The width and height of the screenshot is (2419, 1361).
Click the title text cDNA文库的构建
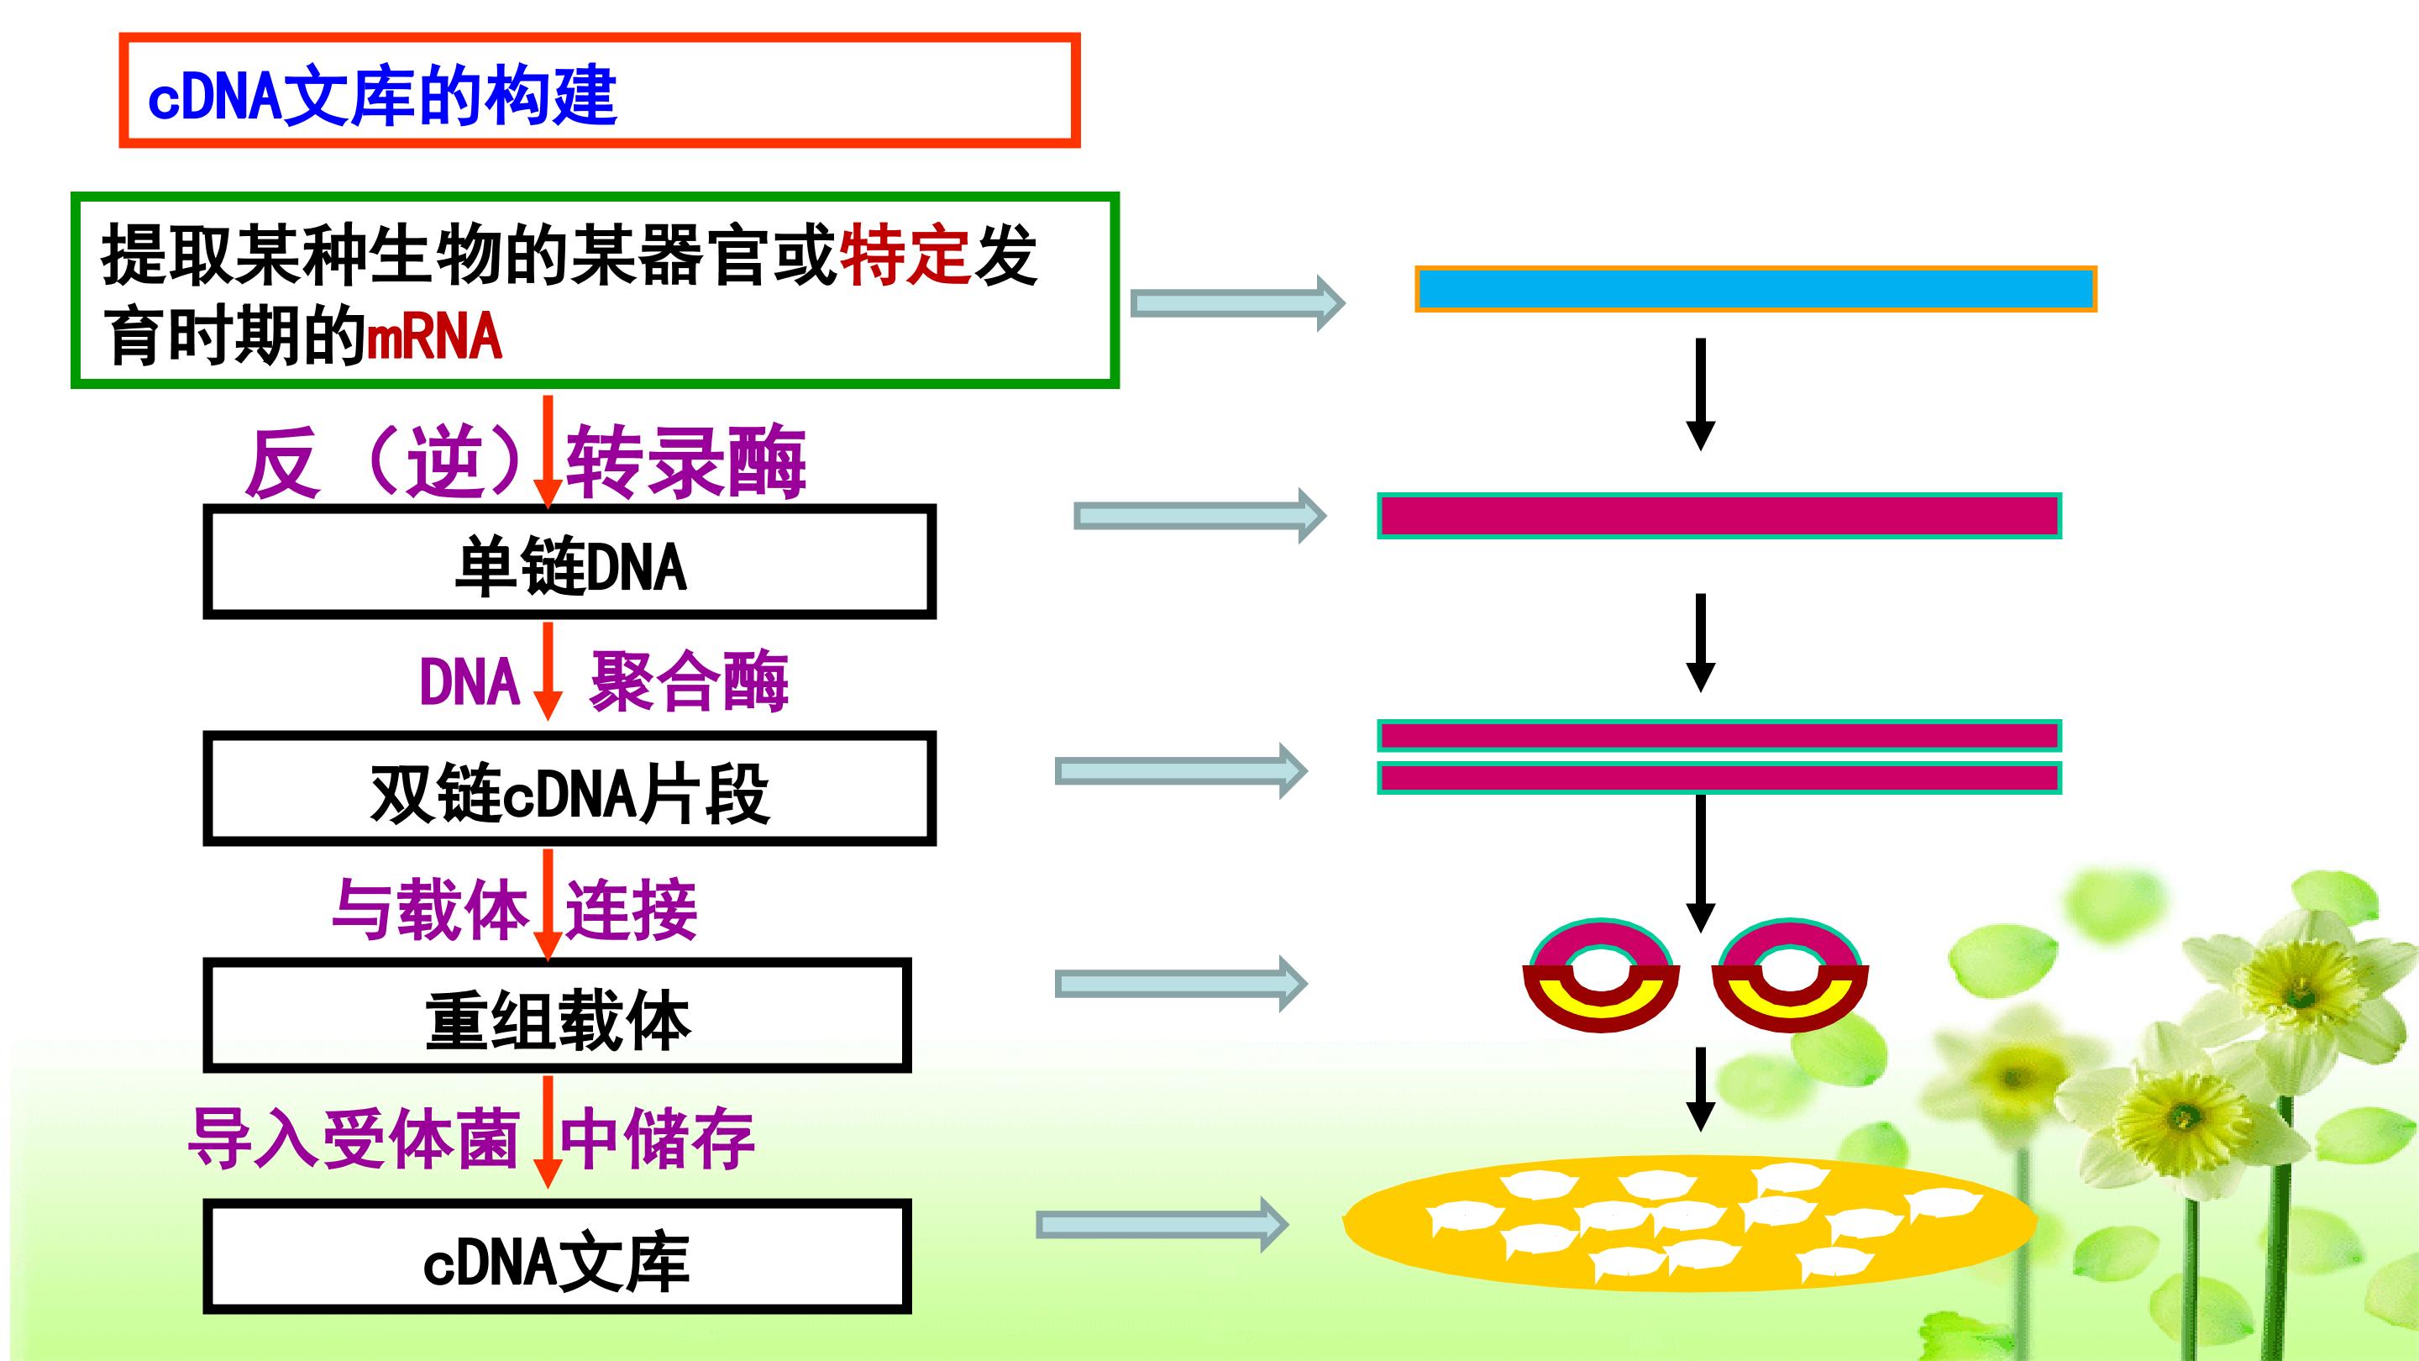click(382, 95)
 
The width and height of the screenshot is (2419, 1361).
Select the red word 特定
click(904, 255)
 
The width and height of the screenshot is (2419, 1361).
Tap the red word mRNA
click(434, 337)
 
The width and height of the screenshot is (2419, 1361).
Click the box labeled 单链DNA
click(569, 562)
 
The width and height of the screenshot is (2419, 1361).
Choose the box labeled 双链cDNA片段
click(569, 788)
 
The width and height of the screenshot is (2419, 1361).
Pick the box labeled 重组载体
click(557, 1016)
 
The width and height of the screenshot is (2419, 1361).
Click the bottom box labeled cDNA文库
click(557, 1256)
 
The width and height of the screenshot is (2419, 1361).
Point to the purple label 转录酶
click(685, 461)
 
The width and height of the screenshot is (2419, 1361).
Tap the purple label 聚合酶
click(689, 681)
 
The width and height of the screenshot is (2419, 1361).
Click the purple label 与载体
click(429, 909)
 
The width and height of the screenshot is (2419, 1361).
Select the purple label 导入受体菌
click(354, 1138)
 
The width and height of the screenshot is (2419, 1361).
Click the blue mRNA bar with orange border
click(1756, 289)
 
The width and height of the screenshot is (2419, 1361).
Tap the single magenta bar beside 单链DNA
click(1719, 516)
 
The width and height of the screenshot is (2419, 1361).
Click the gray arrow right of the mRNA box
click(1238, 302)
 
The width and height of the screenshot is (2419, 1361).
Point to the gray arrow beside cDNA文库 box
click(1162, 1224)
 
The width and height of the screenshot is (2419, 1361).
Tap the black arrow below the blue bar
click(1701, 395)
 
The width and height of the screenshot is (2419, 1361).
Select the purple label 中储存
click(658, 1138)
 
